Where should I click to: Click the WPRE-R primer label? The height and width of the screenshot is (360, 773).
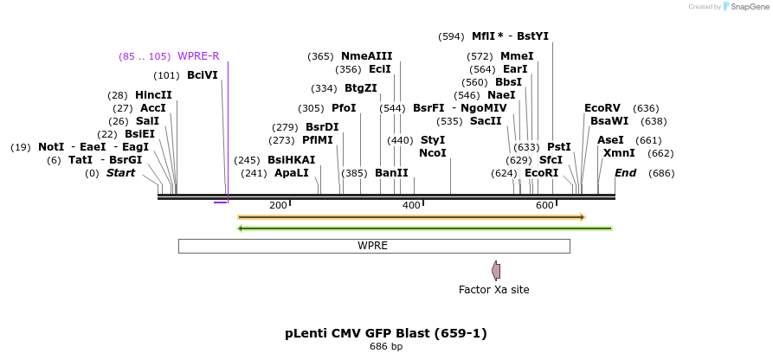click(x=198, y=56)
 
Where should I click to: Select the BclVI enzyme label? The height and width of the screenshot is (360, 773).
click(x=203, y=75)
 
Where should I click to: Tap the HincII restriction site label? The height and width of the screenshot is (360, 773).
click(x=153, y=95)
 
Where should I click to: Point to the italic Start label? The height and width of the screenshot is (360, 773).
click(x=120, y=173)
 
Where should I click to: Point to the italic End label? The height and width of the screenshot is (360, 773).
click(x=625, y=173)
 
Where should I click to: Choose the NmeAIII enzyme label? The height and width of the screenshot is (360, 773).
click(x=366, y=56)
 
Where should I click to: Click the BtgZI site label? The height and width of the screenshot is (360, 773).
click(x=361, y=88)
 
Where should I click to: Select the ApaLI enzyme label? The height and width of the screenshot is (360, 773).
click(x=292, y=173)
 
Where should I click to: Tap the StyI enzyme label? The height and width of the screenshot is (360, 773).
click(x=433, y=140)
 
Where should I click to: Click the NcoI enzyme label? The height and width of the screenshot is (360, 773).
click(x=433, y=153)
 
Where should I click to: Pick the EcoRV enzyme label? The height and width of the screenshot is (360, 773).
click(x=602, y=108)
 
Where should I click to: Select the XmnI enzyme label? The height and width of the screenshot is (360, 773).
click(x=619, y=153)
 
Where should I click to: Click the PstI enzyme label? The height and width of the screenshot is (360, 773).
click(x=559, y=147)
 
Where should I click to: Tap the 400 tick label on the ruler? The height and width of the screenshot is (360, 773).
click(x=411, y=205)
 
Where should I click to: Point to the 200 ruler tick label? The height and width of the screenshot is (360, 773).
click(x=278, y=205)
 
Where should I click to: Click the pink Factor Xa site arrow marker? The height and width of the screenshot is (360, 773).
click(x=496, y=271)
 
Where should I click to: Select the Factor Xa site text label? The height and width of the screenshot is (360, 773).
click(x=493, y=290)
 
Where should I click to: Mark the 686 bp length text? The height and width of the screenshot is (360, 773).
click(x=386, y=347)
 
